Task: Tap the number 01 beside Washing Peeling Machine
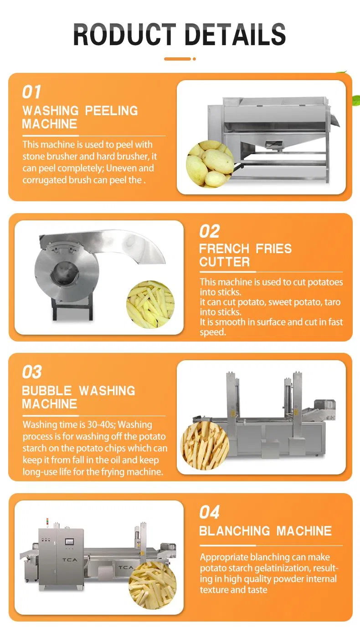[x=31, y=92]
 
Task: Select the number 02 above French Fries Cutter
[x=209, y=231]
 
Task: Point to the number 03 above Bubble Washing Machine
[x=32, y=372]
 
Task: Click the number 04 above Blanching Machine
[x=209, y=512]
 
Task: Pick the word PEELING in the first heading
[x=111, y=111]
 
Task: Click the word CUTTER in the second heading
[x=224, y=262]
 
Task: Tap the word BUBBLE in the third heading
[x=47, y=391]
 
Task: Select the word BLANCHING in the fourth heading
[x=235, y=531]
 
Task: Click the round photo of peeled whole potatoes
[x=210, y=164]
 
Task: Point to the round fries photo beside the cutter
[x=150, y=304]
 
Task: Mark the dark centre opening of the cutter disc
[x=64, y=273]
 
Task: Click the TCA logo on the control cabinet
[x=70, y=560]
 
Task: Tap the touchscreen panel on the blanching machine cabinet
[x=69, y=542]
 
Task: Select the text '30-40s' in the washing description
[x=101, y=425]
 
